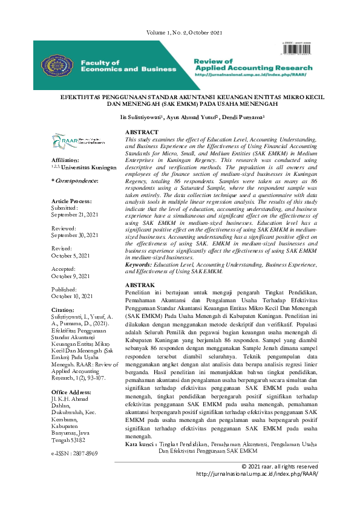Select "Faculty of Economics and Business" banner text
click(128, 66)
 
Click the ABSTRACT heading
click(142, 132)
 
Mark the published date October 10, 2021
click(72, 296)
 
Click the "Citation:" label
click(63, 310)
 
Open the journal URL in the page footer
click(257, 474)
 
